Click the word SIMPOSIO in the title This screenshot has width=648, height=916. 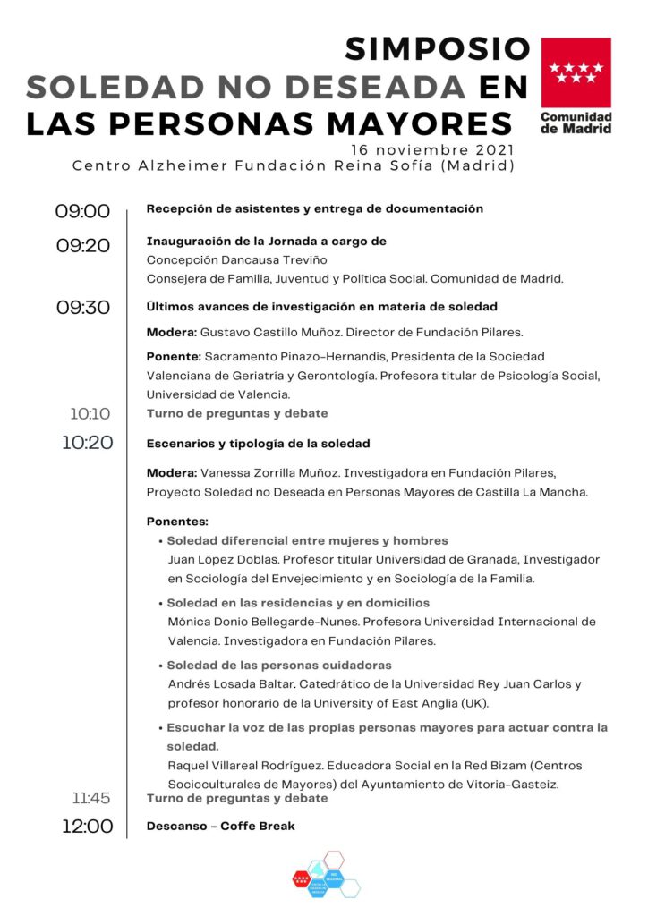click(x=438, y=48)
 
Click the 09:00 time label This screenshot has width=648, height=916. click(x=82, y=211)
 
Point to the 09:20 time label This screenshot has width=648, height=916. click(x=82, y=245)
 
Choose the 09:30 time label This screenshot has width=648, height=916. click(x=82, y=308)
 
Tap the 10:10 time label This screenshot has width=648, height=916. click(x=90, y=414)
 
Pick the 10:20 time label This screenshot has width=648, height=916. click(x=87, y=442)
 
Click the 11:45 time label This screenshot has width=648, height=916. click(x=91, y=798)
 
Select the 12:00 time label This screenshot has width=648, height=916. click(x=87, y=826)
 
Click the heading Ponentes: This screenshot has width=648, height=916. click(x=177, y=521)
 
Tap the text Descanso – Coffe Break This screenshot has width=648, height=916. click(x=220, y=826)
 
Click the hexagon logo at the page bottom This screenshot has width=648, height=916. click(x=326, y=874)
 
